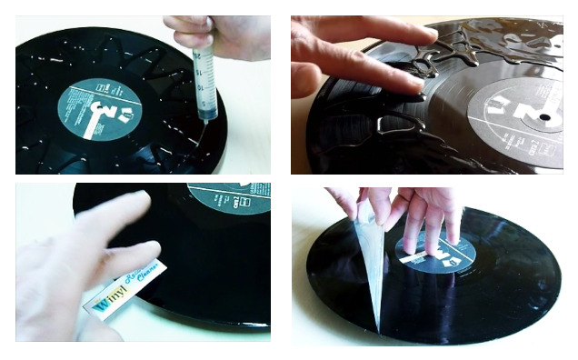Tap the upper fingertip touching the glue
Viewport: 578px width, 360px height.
[x=424, y=37]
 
